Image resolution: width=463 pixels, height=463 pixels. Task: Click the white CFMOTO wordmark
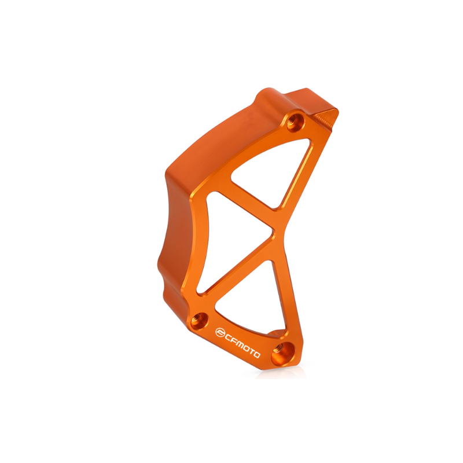click(x=238, y=342)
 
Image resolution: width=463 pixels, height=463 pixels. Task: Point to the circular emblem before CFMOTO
click(x=220, y=332)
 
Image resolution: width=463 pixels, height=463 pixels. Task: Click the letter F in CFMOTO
click(x=233, y=340)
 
